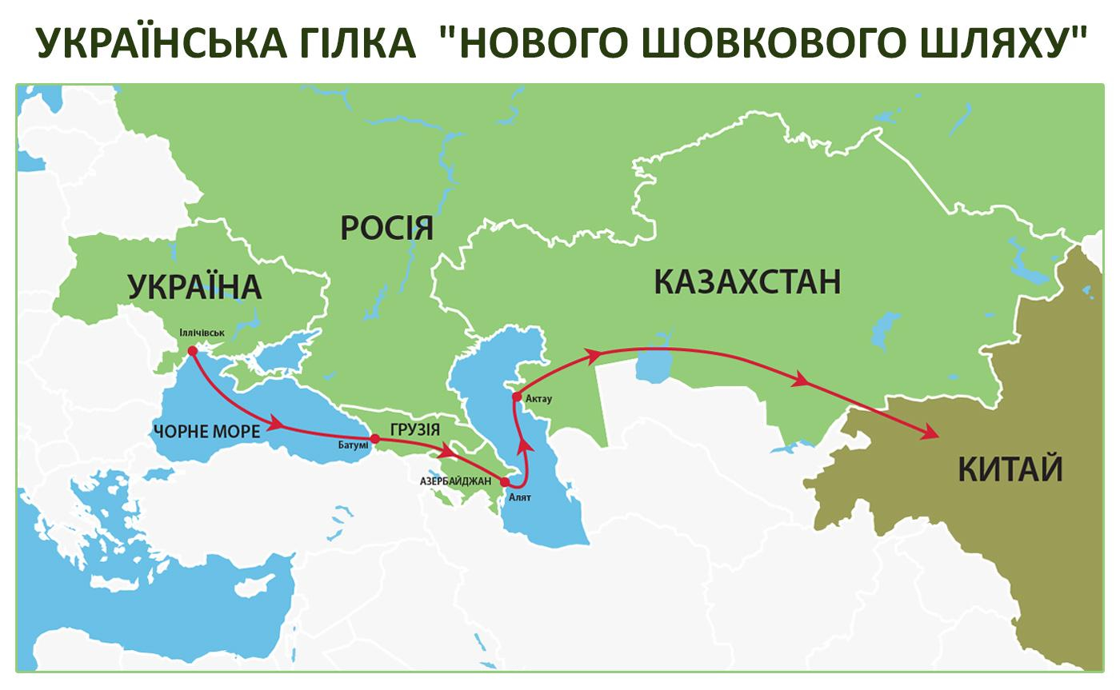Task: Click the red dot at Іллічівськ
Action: pos(192,350)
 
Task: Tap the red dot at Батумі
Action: pos(374,438)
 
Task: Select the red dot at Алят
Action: pos(504,482)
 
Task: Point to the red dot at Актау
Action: pos(517,396)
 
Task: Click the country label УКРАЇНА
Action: pos(194,286)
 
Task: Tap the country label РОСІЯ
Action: pos(386,228)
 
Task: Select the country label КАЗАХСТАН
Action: pos(747,282)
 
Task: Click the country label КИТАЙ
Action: pos(1010,469)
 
